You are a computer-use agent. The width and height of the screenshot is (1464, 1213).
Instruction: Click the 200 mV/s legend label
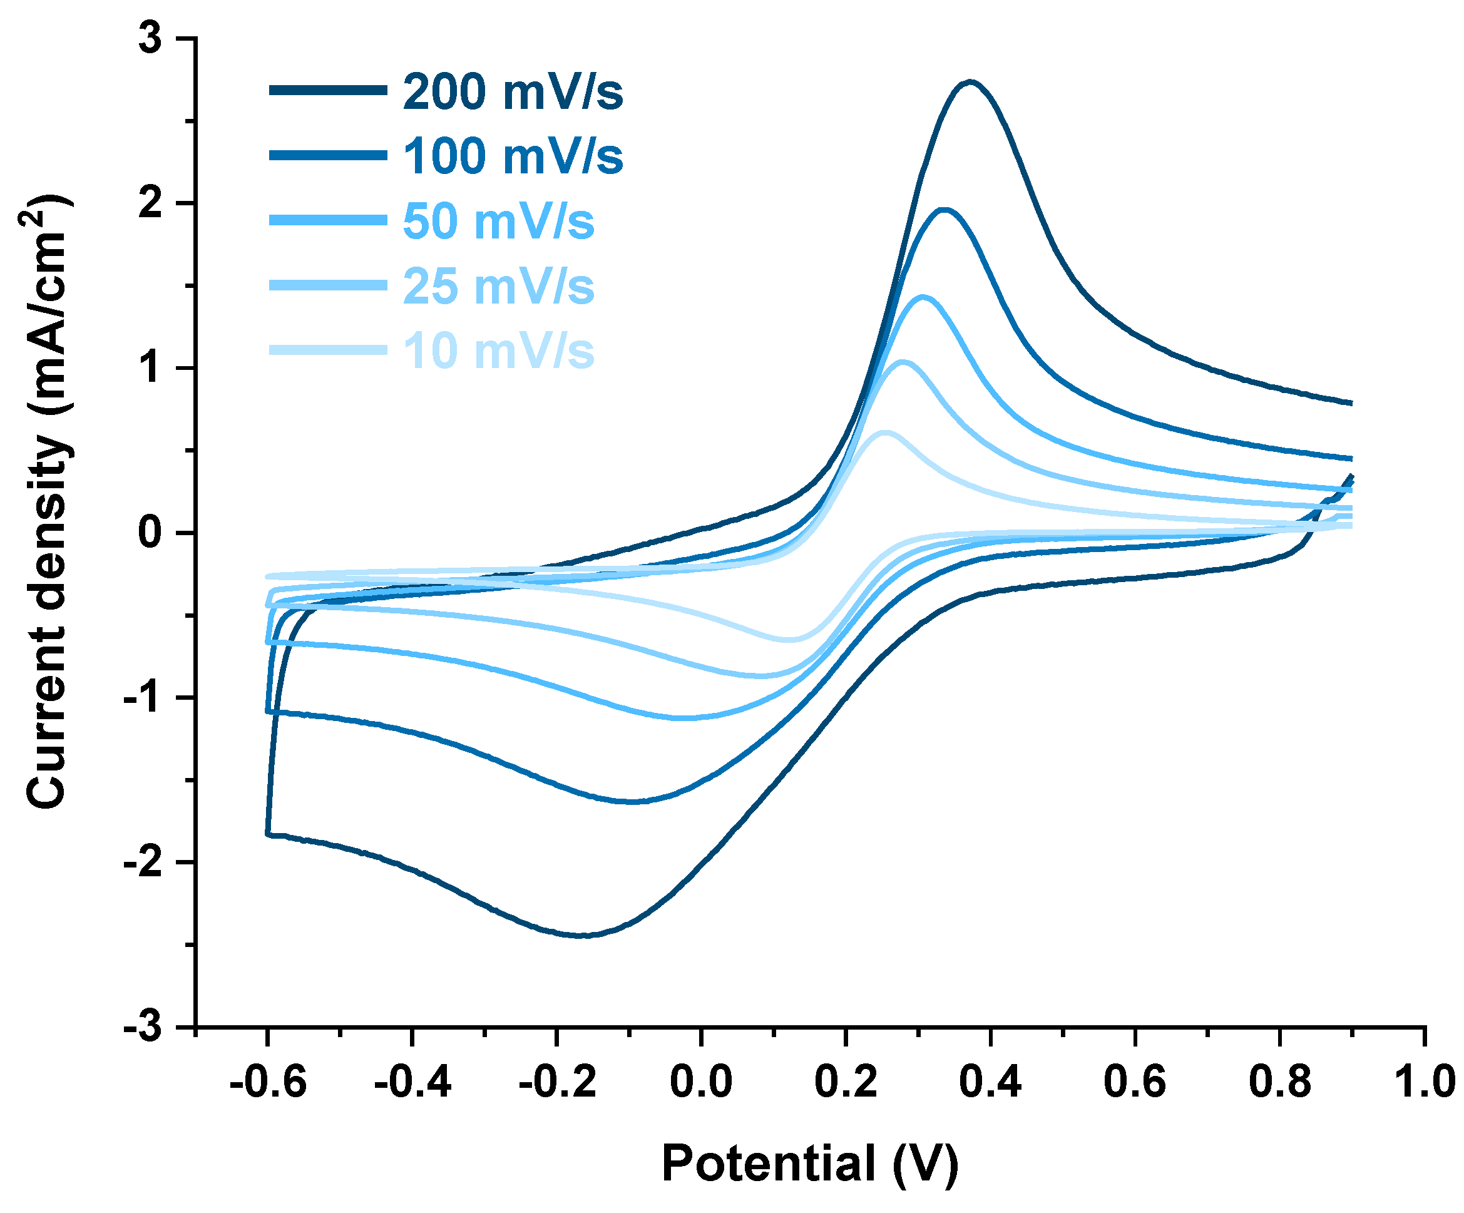513,92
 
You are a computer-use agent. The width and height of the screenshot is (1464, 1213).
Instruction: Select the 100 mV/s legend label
513,156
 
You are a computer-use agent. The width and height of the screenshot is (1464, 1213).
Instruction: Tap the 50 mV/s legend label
498,222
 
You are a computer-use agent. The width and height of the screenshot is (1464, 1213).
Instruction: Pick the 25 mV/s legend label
498,286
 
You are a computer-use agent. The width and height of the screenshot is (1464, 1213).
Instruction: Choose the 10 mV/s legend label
498,351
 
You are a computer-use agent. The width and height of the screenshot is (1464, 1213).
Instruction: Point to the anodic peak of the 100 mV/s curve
945,210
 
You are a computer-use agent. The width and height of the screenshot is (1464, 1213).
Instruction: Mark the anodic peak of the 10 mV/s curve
884,433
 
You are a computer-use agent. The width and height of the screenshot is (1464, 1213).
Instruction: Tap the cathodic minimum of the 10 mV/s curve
788,639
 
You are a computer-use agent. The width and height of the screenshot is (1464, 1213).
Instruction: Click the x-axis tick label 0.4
990,1083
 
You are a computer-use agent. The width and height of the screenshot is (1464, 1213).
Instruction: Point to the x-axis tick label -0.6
268,1083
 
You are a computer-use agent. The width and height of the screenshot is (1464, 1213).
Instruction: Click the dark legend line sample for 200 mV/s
327,90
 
